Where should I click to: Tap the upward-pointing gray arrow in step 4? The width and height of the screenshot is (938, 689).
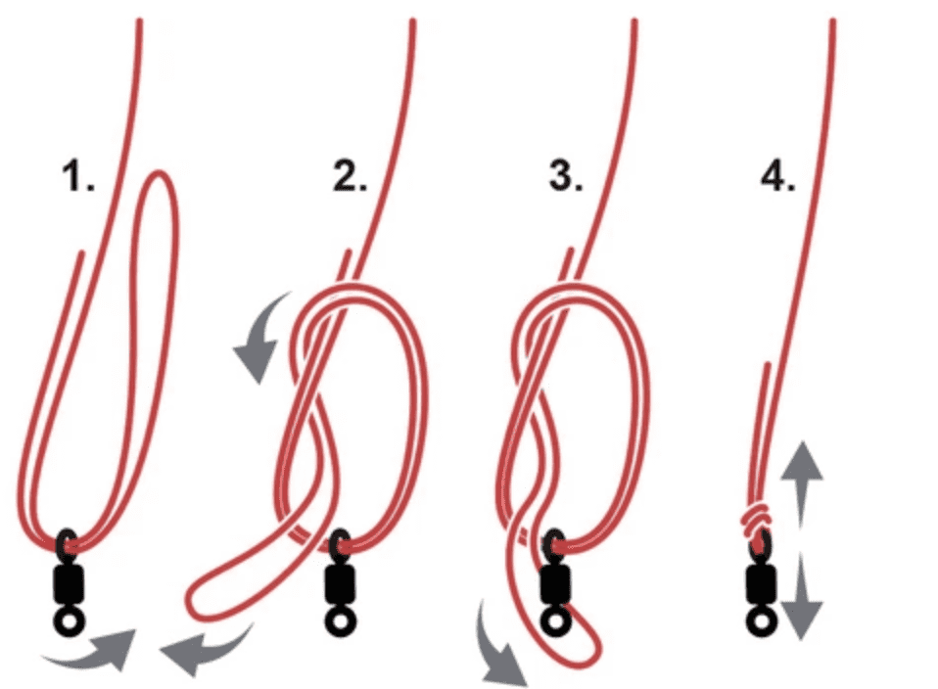point(802,484)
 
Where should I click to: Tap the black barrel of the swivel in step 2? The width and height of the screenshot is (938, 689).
point(341,583)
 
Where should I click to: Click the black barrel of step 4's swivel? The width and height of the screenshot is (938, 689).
point(762,583)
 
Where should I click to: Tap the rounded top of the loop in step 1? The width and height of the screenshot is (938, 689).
point(160,174)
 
